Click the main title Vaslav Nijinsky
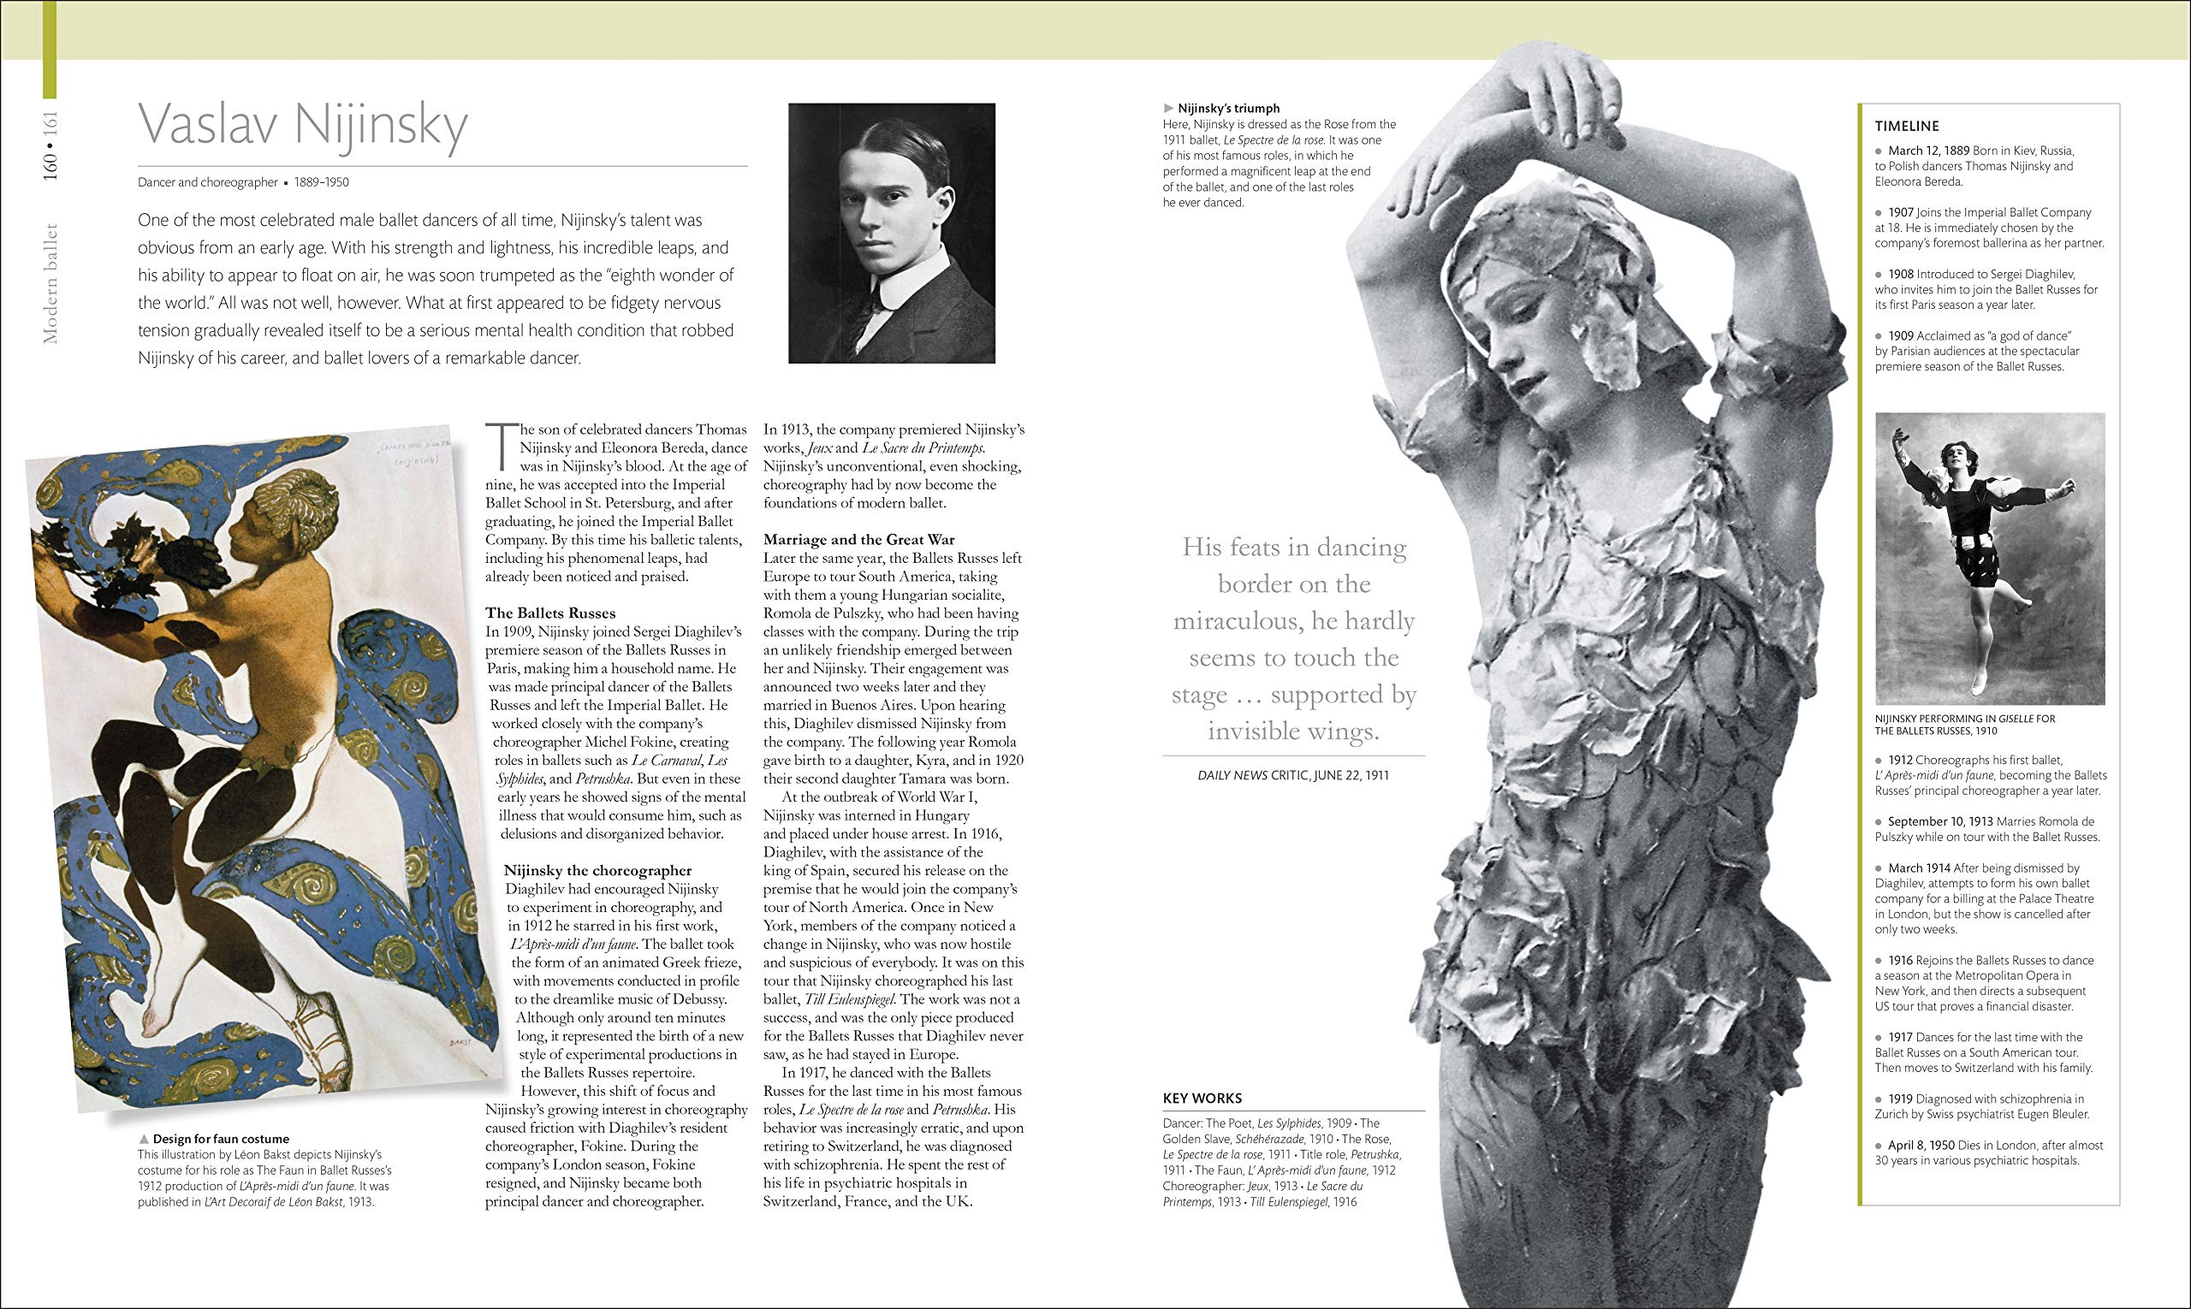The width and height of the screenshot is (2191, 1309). pos(303,126)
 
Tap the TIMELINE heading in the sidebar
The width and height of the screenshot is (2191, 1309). pos(1907,126)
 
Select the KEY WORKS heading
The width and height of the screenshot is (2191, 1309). pos(1202,1099)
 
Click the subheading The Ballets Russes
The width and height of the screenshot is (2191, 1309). pos(550,613)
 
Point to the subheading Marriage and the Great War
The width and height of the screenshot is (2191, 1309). pos(858,540)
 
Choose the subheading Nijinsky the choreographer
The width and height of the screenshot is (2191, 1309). pos(597,871)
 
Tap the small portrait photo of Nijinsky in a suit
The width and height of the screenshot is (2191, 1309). pos(891,233)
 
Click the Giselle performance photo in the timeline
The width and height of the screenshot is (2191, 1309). pos(1990,559)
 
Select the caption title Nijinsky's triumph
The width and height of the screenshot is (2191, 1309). pos(1228,109)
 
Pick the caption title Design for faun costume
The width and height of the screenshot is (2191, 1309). pos(221,1139)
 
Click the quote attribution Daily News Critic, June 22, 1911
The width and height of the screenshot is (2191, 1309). pos(1292,775)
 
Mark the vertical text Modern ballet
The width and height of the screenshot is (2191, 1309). pos(50,282)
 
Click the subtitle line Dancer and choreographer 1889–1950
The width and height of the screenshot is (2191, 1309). pos(243,182)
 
